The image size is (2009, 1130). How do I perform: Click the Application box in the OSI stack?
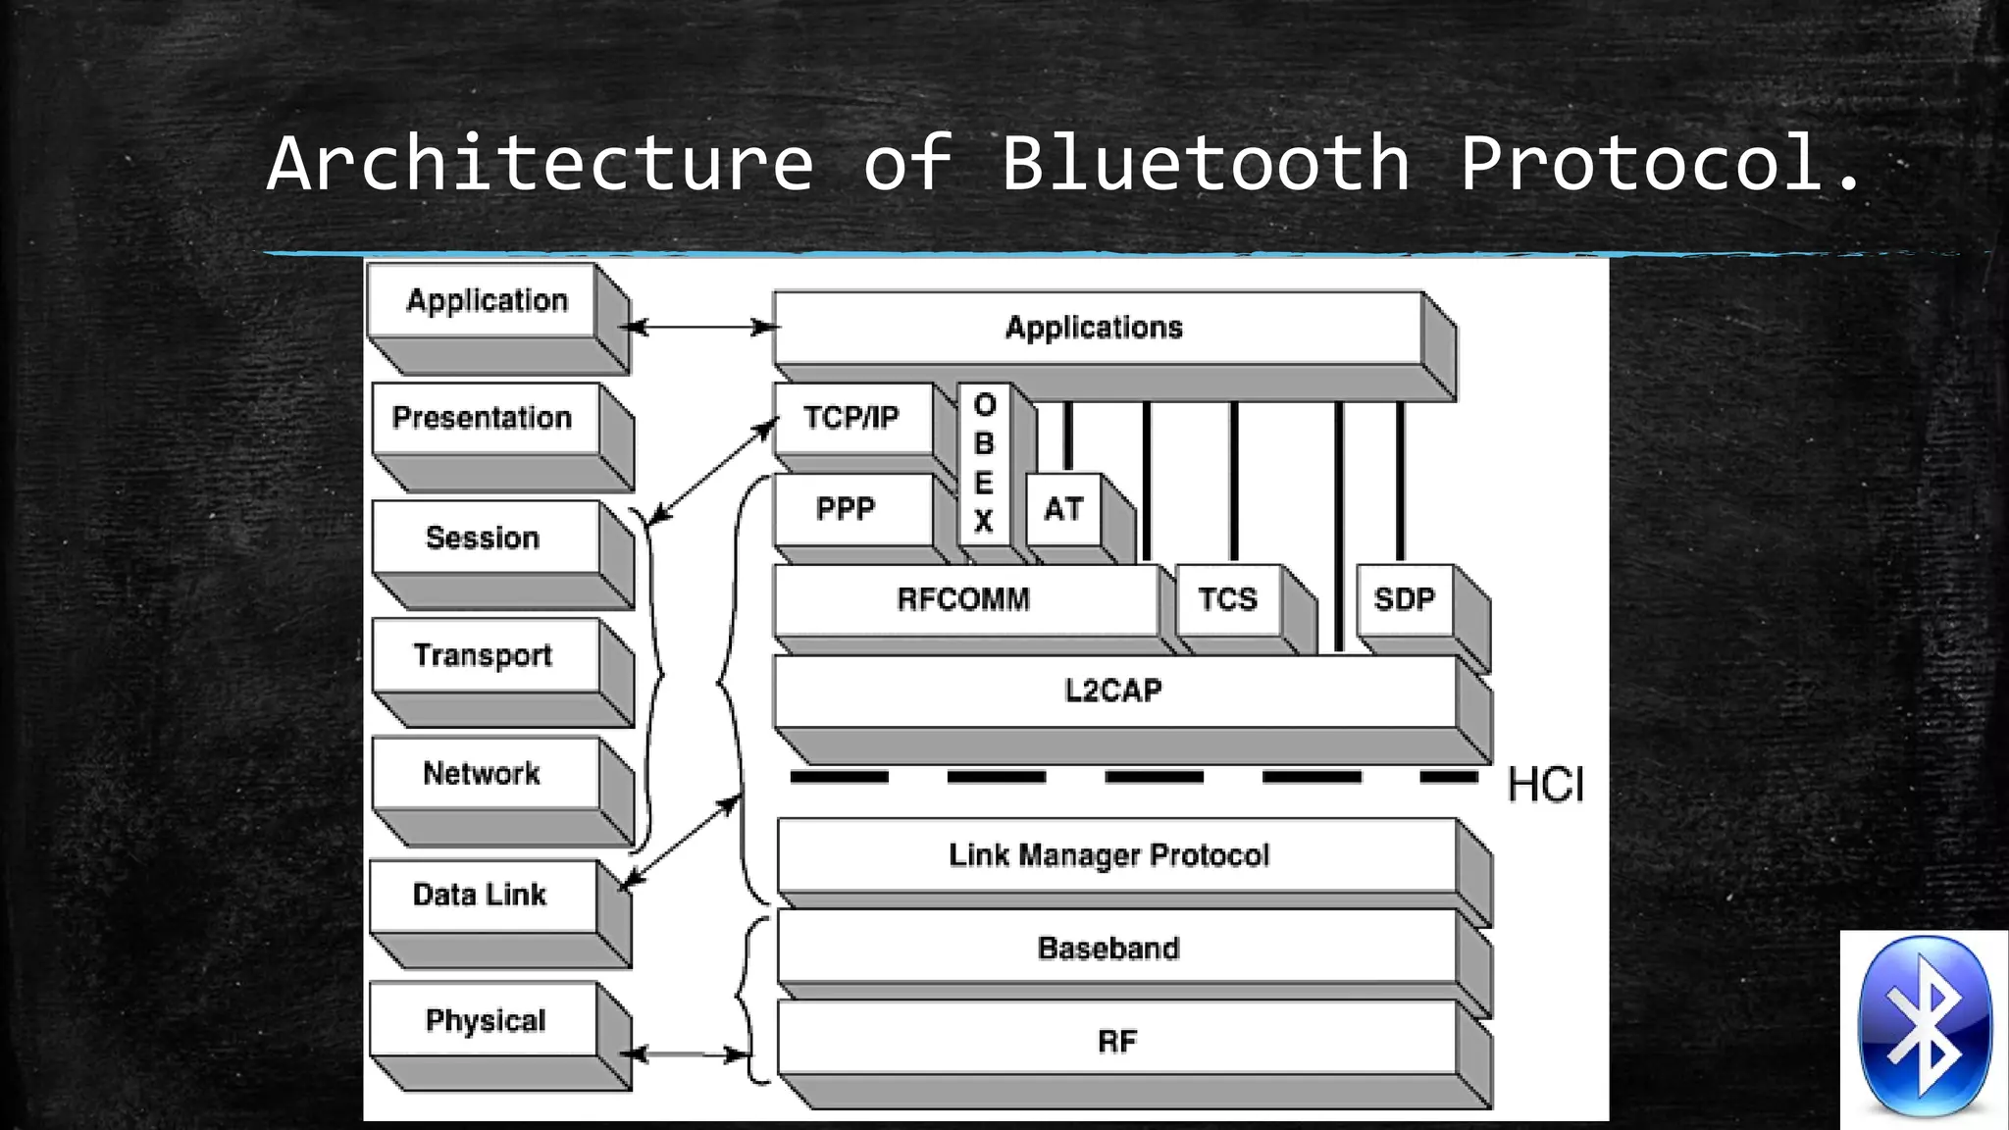487,300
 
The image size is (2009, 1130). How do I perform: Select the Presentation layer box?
484,418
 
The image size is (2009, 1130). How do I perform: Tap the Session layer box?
484,538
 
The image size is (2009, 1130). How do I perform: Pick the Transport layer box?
484,655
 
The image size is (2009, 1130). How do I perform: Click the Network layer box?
484,773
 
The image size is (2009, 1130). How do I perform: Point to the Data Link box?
481,895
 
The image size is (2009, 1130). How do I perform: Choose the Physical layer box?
484,1020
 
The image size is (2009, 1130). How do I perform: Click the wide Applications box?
1095,328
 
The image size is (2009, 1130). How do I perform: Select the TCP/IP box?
851,418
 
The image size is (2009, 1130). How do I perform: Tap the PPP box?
846,509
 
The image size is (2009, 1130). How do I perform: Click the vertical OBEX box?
984,463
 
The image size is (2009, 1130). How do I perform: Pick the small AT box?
1063,509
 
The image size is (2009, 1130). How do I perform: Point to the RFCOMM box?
963,599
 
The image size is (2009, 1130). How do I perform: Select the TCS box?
1227,599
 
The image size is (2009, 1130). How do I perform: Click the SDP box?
1404,599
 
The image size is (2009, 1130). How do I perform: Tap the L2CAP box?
1114,691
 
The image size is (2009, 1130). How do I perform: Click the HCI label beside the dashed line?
1546,786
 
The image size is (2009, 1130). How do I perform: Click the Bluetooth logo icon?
1925,1028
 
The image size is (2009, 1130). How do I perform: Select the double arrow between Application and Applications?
699,327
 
